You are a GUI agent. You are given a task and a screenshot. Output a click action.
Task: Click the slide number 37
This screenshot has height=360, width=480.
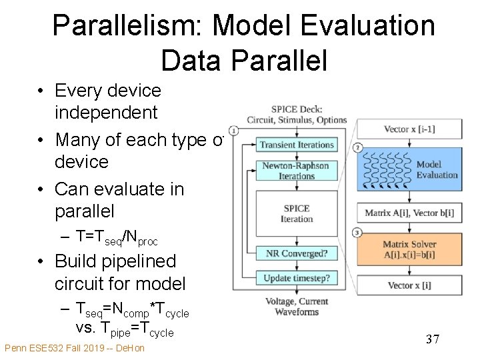[x=433, y=340]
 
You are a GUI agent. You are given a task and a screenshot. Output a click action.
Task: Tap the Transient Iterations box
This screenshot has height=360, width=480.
[x=297, y=145]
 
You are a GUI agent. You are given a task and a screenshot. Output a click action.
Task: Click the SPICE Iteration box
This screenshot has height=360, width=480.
[x=297, y=213]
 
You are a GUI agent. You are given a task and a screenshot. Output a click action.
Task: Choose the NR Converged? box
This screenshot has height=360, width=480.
[x=297, y=254]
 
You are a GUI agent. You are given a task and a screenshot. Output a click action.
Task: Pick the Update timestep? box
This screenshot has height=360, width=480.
[x=297, y=278]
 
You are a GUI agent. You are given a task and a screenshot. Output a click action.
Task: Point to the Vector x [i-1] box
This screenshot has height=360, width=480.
[x=409, y=129]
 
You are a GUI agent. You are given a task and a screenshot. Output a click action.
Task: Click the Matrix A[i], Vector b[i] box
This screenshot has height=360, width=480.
[x=409, y=213]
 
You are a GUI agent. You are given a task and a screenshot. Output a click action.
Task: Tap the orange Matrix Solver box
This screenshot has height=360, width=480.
[x=409, y=249]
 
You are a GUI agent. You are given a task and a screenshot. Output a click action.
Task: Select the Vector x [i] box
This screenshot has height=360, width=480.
[x=409, y=285]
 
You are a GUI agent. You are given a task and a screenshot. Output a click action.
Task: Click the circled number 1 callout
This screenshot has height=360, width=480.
[x=234, y=130]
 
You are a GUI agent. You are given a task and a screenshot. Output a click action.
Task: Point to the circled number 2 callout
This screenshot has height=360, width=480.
[x=358, y=147]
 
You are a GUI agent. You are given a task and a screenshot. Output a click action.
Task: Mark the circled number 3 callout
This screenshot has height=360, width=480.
[x=358, y=232]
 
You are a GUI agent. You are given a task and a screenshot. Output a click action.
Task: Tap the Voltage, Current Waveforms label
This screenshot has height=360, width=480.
[x=297, y=306]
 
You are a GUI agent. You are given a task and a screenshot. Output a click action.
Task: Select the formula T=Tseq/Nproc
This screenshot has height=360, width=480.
[x=117, y=237]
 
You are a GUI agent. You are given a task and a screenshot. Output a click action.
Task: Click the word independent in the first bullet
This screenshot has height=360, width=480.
[x=106, y=113]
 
